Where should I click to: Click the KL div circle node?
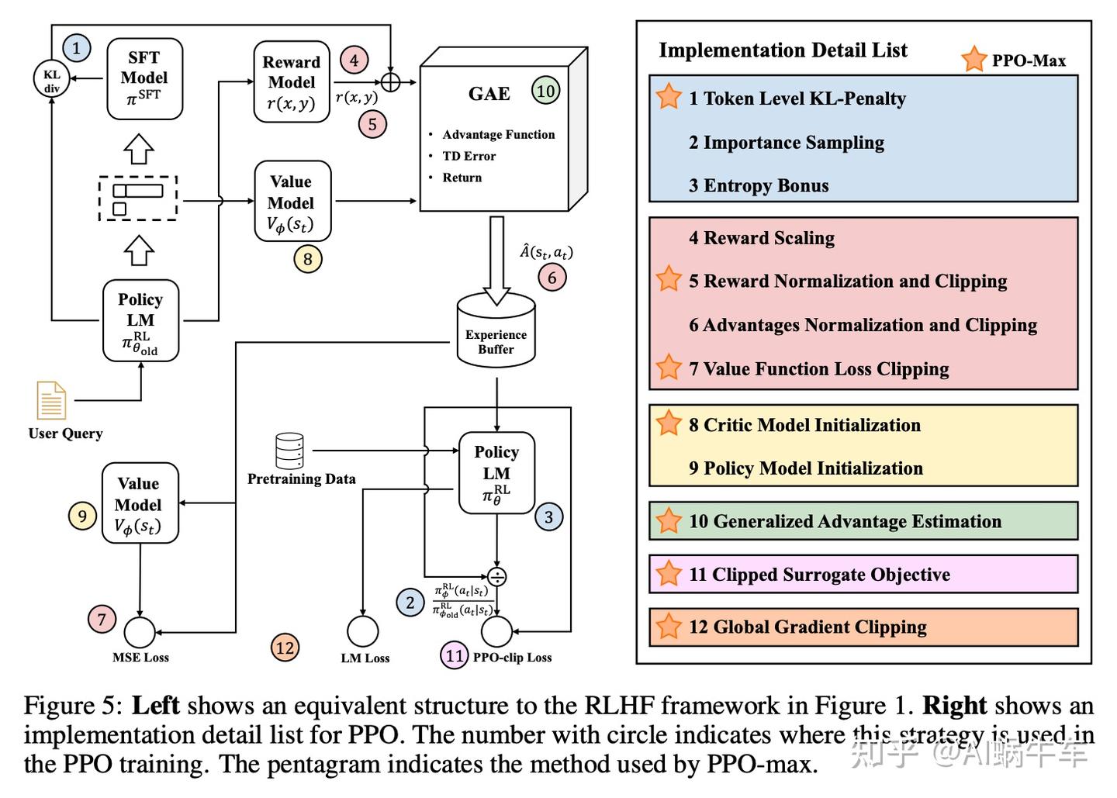[51, 79]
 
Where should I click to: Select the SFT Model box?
[144, 79]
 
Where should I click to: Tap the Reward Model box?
[292, 81]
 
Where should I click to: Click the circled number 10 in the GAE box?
[545, 91]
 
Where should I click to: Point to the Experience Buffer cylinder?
[496, 330]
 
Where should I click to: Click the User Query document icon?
[51, 400]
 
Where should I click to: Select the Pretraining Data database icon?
[289, 451]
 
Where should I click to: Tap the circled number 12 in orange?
[285, 648]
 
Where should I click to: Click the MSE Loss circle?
[140, 632]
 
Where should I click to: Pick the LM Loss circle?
[363, 632]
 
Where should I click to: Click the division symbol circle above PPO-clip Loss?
[496, 577]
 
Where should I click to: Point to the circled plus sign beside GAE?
[390, 81]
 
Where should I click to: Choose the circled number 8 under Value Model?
[307, 259]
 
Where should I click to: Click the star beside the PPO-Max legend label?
[973, 59]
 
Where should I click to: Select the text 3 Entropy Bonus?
[759, 186]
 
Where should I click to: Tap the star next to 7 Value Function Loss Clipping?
[668, 367]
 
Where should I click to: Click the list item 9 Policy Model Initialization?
[805, 468]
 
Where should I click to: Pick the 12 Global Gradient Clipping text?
[807, 627]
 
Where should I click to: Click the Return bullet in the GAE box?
[462, 178]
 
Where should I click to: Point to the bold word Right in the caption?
[953, 706]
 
